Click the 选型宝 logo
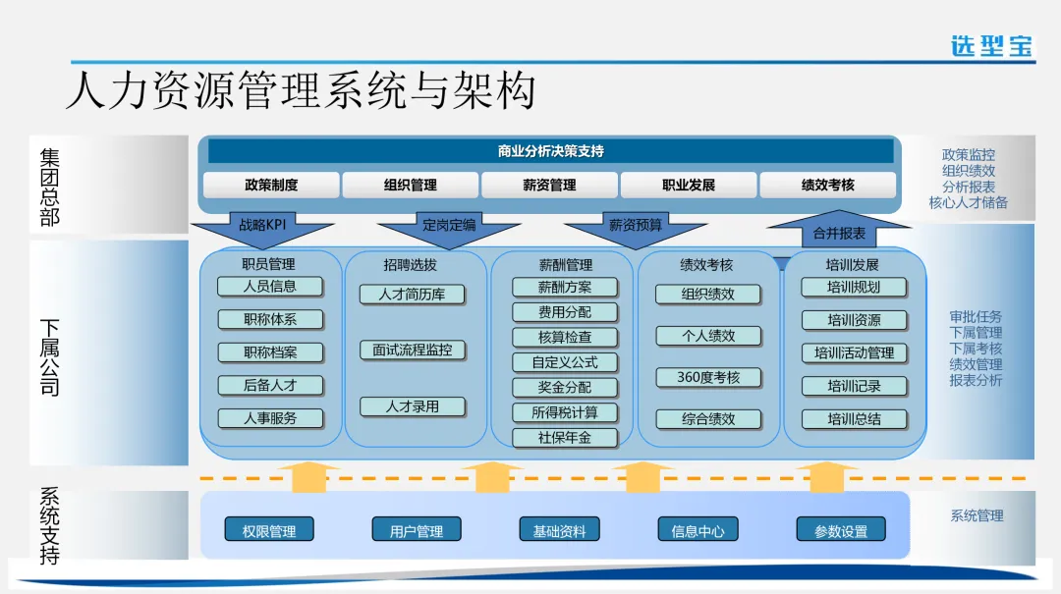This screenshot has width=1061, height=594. coord(991,45)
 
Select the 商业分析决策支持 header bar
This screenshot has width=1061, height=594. coord(550,151)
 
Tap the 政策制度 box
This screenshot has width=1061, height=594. coord(271,185)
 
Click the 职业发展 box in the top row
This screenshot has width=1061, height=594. coord(689,185)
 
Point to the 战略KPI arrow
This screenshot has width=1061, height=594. coord(260,227)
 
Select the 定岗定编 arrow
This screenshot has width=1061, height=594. coord(449,227)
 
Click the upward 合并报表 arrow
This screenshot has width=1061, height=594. coord(839,233)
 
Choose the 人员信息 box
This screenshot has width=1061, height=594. coord(270,287)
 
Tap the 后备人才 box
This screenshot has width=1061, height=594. coord(270,385)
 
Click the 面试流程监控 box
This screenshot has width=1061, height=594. coord(413,350)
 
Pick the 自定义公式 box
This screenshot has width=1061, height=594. coord(565,362)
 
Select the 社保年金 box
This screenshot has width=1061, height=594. coord(565,438)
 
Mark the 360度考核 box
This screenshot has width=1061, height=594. coord(708,377)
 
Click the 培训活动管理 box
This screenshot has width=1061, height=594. coord(854,352)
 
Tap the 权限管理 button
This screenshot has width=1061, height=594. coord(269,530)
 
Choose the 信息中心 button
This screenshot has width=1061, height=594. coord(698,530)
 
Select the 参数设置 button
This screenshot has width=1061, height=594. coord(841,530)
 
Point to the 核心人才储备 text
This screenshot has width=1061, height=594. coord(969,202)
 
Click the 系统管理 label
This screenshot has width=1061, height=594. coord(977,515)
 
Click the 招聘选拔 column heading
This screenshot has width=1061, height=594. coord(411,264)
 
